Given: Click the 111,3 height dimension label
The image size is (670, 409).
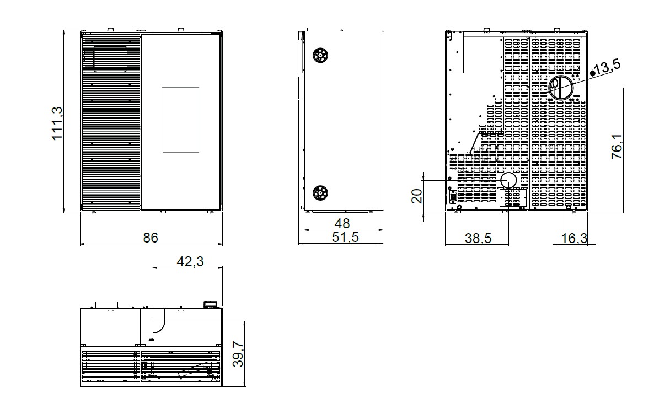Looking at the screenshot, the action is (x=57, y=123).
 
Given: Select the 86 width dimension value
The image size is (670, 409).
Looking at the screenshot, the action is (x=150, y=238).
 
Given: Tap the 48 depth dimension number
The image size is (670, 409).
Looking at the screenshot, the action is (x=342, y=223).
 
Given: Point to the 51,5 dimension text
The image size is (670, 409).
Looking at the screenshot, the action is (x=345, y=237).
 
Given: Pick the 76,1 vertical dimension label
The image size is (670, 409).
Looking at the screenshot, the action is (x=617, y=147).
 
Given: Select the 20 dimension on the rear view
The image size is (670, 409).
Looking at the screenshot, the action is (x=417, y=196).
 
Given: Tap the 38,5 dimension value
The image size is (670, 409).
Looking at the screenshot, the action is (x=478, y=238).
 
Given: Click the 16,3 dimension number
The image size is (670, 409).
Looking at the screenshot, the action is (x=574, y=238).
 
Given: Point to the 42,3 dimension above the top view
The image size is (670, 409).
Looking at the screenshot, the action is (x=190, y=262).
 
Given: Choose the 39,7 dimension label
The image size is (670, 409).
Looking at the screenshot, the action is (x=238, y=354).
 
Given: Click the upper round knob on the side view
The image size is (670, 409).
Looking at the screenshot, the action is (x=320, y=55).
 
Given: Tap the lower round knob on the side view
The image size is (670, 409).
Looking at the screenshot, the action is (x=320, y=193).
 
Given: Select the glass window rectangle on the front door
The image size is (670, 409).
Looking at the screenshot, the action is (x=181, y=120).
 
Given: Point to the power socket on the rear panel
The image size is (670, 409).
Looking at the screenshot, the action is (x=453, y=197).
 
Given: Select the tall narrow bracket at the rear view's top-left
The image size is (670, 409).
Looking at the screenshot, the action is (x=457, y=52).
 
